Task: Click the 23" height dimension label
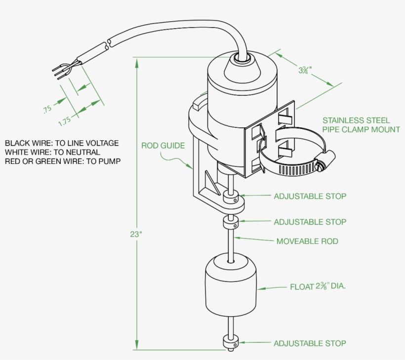click(136, 235)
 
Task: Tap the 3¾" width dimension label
click(305, 70)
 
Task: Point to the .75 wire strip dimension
click(47, 109)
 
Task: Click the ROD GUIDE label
click(163, 146)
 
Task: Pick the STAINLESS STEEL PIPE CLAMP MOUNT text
click(361, 125)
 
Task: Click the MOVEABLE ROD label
click(307, 241)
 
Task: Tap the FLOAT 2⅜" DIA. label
click(318, 286)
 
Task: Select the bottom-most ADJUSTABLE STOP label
click(310, 343)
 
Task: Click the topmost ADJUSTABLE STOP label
click(310, 196)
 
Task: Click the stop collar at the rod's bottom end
click(231, 342)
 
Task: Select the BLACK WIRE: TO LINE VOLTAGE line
click(62, 143)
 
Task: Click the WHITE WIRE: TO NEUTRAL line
click(52, 152)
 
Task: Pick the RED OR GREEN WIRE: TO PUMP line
click(63, 161)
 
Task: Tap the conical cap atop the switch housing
click(242, 69)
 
